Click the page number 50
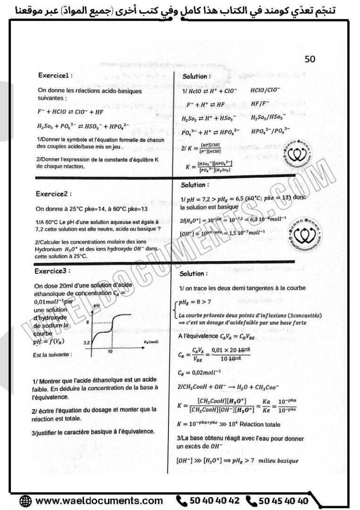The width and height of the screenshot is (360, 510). tap(310, 59)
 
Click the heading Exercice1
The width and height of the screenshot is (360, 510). tap(56, 75)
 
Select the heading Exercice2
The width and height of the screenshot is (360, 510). tap(55, 194)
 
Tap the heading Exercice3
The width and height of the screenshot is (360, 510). tap(52, 271)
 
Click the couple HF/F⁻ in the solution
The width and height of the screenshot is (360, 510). tap(260, 104)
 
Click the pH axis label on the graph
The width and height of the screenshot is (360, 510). tap(97, 306)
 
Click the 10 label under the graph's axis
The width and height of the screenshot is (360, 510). tap(109, 352)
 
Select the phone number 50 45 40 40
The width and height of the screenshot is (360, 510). tap(283, 501)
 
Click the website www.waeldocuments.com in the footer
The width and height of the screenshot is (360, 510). tap(99, 501)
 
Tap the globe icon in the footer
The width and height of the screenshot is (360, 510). tap(25, 501)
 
